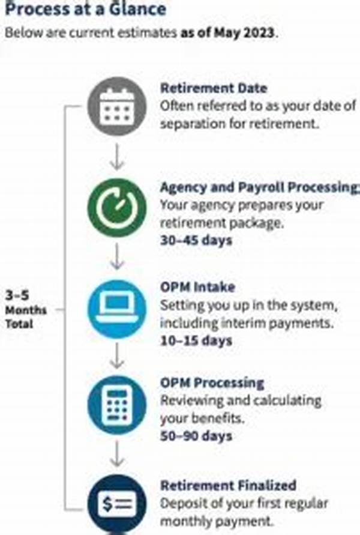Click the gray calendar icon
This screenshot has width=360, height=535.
(x=117, y=107)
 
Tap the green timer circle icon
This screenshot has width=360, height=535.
(x=117, y=208)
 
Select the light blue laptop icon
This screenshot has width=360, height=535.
(x=117, y=309)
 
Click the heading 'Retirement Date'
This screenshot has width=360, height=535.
(x=214, y=88)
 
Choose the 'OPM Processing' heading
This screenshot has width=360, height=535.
(x=212, y=383)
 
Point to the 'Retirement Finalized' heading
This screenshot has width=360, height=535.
(x=227, y=485)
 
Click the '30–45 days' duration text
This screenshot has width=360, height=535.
(x=196, y=240)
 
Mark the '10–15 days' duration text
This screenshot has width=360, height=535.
(x=196, y=340)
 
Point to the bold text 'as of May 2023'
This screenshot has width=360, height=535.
(x=229, y=32)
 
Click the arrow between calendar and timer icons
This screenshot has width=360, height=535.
(x=118, y=160)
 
